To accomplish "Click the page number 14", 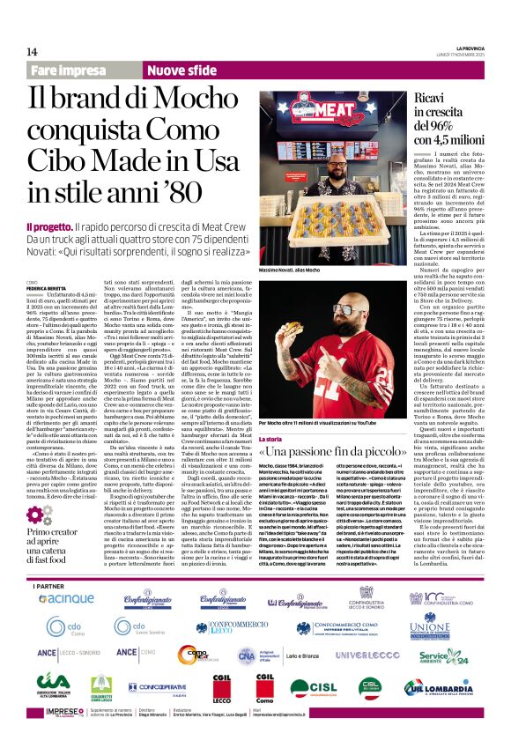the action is click(x=32, y=51).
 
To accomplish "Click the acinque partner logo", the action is click(x=66, y=598).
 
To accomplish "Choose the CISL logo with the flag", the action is click(x=313, y=687).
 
